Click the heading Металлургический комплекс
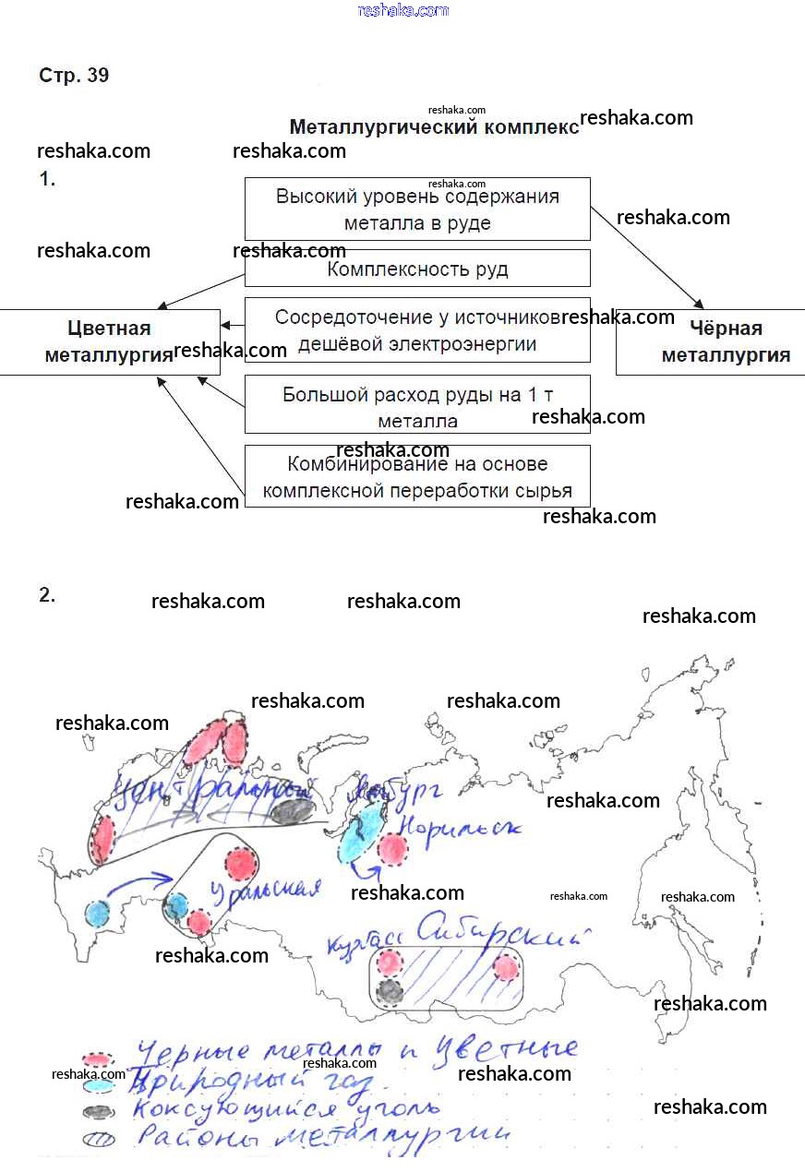(x=434, y=127)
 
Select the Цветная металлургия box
(x=109, y=341)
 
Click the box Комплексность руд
(x=417, y=269)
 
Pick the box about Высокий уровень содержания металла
(x=417, y=209)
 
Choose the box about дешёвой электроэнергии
(x=417, y=329)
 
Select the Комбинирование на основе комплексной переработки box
(x=417, y=476)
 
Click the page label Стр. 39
(x=74, y=76)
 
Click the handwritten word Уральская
(x=264, y=892)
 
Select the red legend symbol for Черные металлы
(x=98, y=1059)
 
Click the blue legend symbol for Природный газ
(x=98, y=1085)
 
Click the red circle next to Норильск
(x=393, y=849)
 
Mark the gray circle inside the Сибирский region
(x=390, y=991)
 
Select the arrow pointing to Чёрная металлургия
(x=647, y=257)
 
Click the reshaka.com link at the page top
(x=402, y=10)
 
